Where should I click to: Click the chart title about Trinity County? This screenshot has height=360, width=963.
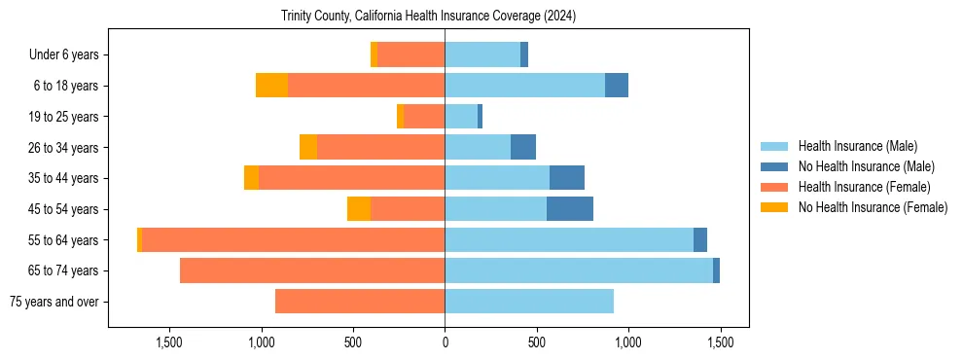click(428, 17)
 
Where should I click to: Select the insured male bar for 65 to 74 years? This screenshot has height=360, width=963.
click(579, 270)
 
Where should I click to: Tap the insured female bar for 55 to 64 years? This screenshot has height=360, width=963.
click(293, 239)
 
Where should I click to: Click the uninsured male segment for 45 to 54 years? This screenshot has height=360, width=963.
click(570, 209)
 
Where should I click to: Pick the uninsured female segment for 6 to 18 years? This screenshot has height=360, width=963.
click(271, 86)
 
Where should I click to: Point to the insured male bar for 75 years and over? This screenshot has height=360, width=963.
click(529, 302)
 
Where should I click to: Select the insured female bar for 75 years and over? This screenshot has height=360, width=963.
click(360, 302)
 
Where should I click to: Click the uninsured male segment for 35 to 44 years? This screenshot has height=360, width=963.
click(567, 178)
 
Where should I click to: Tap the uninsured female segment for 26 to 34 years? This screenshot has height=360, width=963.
click(308, 147)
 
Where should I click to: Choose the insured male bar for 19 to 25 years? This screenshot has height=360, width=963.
click(461, 117)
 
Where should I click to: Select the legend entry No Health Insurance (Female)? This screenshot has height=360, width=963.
click(873, 207)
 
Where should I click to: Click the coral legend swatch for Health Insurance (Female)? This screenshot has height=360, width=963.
click(774, 187)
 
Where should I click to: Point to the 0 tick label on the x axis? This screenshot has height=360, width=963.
click(445, 342)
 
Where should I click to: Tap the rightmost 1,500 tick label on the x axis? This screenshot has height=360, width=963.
click(720, 342)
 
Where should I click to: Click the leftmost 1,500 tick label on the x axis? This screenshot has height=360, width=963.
click(169, 342)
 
